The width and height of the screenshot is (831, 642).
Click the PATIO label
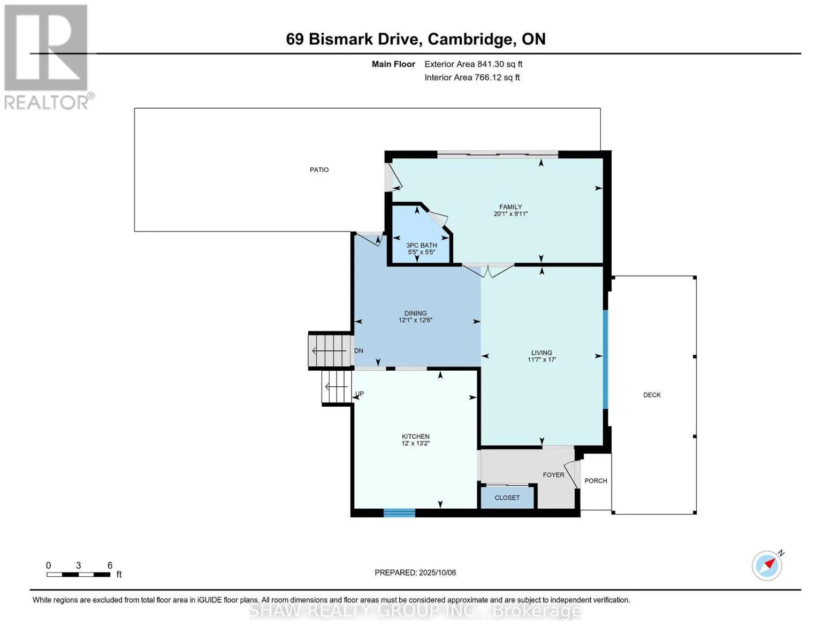pos(319,170)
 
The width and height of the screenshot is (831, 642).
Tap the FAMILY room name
pos(510,207)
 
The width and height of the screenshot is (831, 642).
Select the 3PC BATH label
pos(422,245)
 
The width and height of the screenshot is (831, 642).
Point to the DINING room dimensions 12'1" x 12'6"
pos(415,320)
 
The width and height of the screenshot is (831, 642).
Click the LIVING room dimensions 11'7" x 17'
pos(542,360)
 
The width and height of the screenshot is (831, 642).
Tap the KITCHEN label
pos(416,436)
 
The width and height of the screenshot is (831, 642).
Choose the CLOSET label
pos(507,498)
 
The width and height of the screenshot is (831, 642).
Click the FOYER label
pos(553,475)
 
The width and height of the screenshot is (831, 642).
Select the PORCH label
pos(596,480)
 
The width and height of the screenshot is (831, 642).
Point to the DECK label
pos(652,395)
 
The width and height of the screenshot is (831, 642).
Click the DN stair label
pos(359,350)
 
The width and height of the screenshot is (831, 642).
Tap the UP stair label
pos(360,393)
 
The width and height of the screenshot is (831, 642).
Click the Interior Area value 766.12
pos(488,77)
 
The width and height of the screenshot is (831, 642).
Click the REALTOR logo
pos(47,57)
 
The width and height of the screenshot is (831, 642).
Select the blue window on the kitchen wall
pos(399,513)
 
